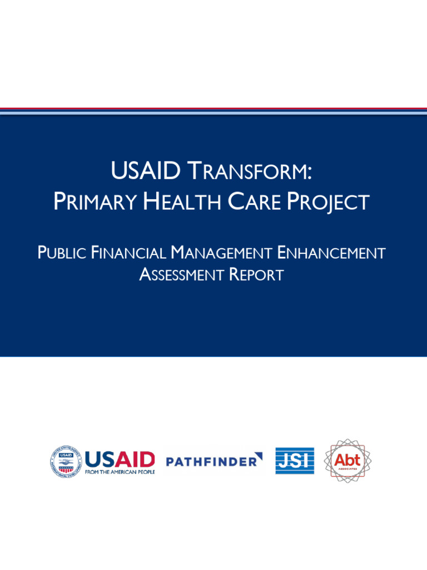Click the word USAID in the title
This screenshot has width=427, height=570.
point(145,171)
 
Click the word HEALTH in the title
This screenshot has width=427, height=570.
point(182,202)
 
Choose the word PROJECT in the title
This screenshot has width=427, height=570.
point(327,202)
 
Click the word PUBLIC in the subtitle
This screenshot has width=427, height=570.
point(62,253)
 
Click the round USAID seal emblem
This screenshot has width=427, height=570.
point(66,461)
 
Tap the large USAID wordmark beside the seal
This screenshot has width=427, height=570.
point(120,459)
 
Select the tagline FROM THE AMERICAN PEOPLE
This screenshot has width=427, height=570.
point(120,472)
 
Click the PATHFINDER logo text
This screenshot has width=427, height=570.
point(211,461)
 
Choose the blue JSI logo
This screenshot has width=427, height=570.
point(295,461)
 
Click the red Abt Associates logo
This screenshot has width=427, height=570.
point(347,461)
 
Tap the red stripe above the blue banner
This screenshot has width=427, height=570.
point(213,109)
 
